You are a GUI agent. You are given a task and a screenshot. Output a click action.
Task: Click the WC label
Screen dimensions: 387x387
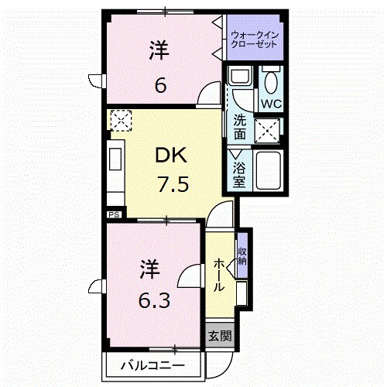click(x=272, y=103)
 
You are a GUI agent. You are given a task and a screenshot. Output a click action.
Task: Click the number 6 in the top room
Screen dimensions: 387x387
click(x=160, y=84)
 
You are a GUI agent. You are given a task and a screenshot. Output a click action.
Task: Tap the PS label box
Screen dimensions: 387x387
click(x=114, y=214)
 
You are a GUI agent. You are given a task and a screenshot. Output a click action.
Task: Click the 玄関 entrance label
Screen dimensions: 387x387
click(x=219, y=336)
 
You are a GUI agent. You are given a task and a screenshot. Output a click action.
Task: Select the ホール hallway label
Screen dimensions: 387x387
click(x=219, y=275)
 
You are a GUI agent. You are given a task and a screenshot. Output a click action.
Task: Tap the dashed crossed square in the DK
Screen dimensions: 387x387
click(x=121, y=121)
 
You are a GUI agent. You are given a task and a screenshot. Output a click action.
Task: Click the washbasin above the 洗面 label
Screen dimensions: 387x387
click(x=239, y=80)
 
